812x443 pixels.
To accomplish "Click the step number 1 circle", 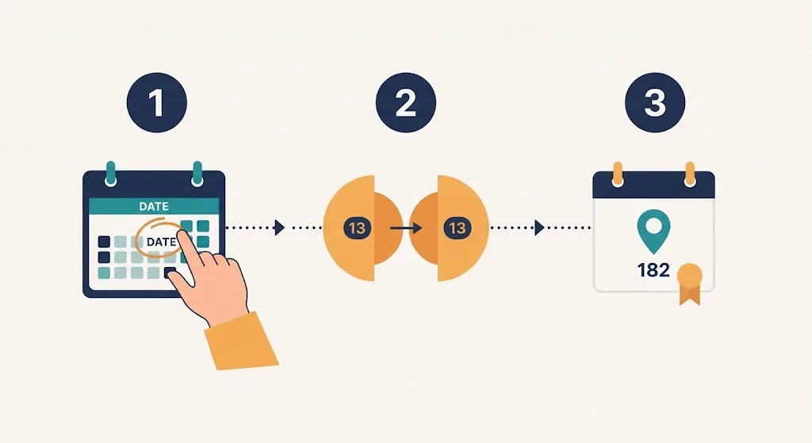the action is tap(156, 102).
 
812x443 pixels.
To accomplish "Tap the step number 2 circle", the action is tap(405, 102).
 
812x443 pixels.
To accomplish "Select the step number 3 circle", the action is tap(654, 102).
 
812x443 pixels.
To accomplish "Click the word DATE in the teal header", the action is tap(154, 207).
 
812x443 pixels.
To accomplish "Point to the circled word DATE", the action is tap(161, 242).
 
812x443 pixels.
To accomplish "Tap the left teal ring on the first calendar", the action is tap(110, 174).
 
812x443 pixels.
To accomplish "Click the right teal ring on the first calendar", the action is tap(197, 174).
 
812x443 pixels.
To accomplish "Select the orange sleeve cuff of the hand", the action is tap(241, 341).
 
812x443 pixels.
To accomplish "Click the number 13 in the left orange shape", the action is tap(357, 228).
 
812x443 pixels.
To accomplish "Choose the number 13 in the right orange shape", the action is tap(458, 228).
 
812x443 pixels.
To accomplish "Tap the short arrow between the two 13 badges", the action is tap(405, 227).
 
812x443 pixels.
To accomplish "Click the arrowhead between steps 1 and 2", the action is tap(280, 227).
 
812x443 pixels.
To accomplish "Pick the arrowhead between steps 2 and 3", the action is tap(539, 227).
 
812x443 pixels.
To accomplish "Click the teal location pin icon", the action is tap(653, 231).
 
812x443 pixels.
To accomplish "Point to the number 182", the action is tap(653, 270).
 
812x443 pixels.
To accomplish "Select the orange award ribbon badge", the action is tap(690, 284).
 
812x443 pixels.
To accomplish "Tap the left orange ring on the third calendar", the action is tap(617, 174).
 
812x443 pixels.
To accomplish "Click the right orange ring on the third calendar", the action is tap(690, 174).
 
